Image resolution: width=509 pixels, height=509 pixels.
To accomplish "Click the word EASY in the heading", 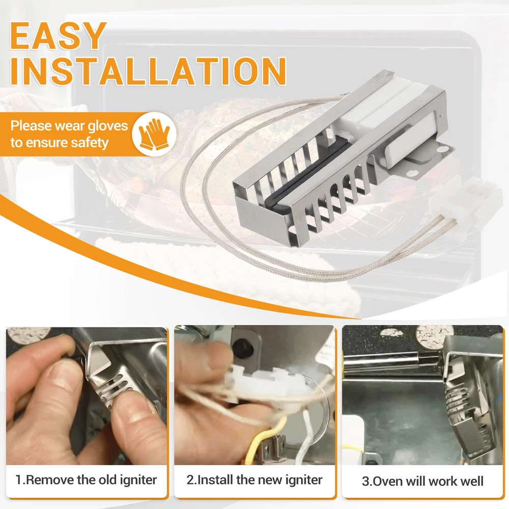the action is [58, 36].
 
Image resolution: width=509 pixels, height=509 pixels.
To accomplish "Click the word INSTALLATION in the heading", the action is [148, 71].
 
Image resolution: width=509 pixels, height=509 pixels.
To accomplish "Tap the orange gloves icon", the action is [154, 134].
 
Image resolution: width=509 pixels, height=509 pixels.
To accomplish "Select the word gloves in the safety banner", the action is [108, 126].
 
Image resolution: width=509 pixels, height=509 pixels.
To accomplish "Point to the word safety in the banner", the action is [90, 143].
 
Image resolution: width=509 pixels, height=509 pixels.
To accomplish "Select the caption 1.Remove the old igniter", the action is [87, 480].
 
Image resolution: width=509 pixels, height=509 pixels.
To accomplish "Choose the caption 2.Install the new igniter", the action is [254, 480].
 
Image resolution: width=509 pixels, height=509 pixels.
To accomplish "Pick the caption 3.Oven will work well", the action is [422, 481].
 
